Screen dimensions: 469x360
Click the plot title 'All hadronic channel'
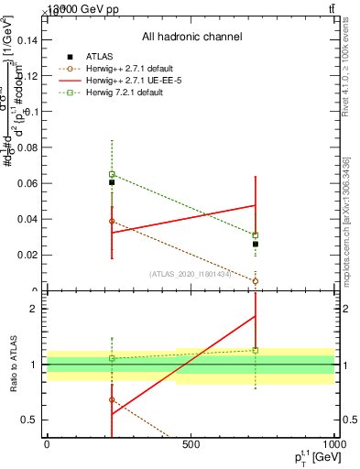191,37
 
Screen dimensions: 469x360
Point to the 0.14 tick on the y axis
27,39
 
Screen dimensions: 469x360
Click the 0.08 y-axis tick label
27,147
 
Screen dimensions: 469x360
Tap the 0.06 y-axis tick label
27,183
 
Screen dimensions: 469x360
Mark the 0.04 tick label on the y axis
27,219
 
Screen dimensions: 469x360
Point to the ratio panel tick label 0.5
32,420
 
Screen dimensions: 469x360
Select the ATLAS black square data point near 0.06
112,182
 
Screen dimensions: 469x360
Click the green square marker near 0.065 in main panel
112,174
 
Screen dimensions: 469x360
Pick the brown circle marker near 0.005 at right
256,281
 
